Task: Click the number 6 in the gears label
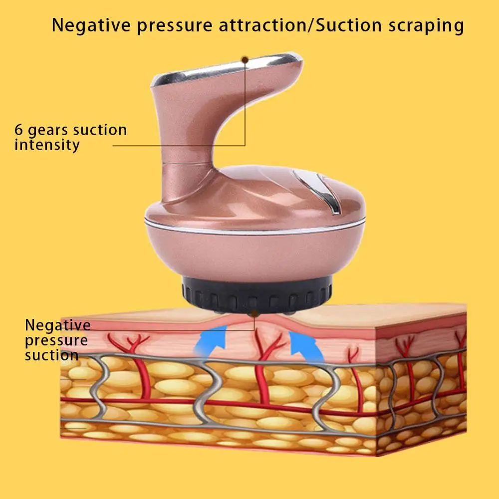18,130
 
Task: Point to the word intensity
47,145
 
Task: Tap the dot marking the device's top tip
245,59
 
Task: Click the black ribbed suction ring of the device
254,297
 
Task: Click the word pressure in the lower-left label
56,341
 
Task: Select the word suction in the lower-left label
51,355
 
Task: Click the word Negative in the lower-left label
58,325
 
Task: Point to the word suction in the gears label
100,130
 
